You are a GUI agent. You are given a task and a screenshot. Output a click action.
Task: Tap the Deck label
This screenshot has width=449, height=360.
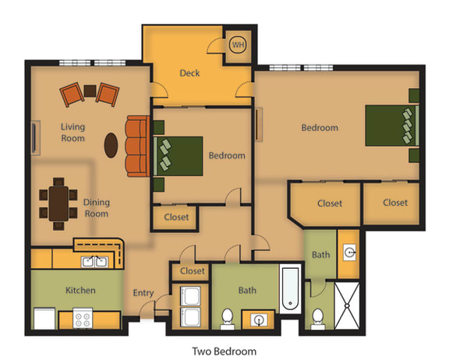[189, 73]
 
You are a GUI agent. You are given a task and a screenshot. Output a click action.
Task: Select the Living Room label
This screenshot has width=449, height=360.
[73, 132]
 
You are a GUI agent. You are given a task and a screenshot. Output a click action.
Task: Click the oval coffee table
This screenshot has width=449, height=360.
[113, 145]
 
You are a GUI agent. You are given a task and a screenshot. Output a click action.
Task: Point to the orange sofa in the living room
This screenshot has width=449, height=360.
[136, 146]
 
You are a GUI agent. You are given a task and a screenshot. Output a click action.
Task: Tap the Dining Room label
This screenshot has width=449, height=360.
[97, 208]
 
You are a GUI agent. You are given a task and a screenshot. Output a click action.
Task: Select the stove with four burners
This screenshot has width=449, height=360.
[83, 319]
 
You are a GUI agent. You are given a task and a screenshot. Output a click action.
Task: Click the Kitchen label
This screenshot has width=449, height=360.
[80, 291]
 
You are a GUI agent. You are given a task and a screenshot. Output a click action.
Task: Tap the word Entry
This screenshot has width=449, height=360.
[143, 293]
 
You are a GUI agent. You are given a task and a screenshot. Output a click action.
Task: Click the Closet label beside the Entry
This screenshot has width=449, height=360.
[192, 271]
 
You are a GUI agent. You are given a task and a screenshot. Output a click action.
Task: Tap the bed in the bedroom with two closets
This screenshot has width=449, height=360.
[392, 125]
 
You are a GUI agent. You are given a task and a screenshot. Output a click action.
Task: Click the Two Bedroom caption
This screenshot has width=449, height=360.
[224, 351]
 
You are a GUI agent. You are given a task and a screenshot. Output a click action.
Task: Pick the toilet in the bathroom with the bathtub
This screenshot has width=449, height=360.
[228, 318]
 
